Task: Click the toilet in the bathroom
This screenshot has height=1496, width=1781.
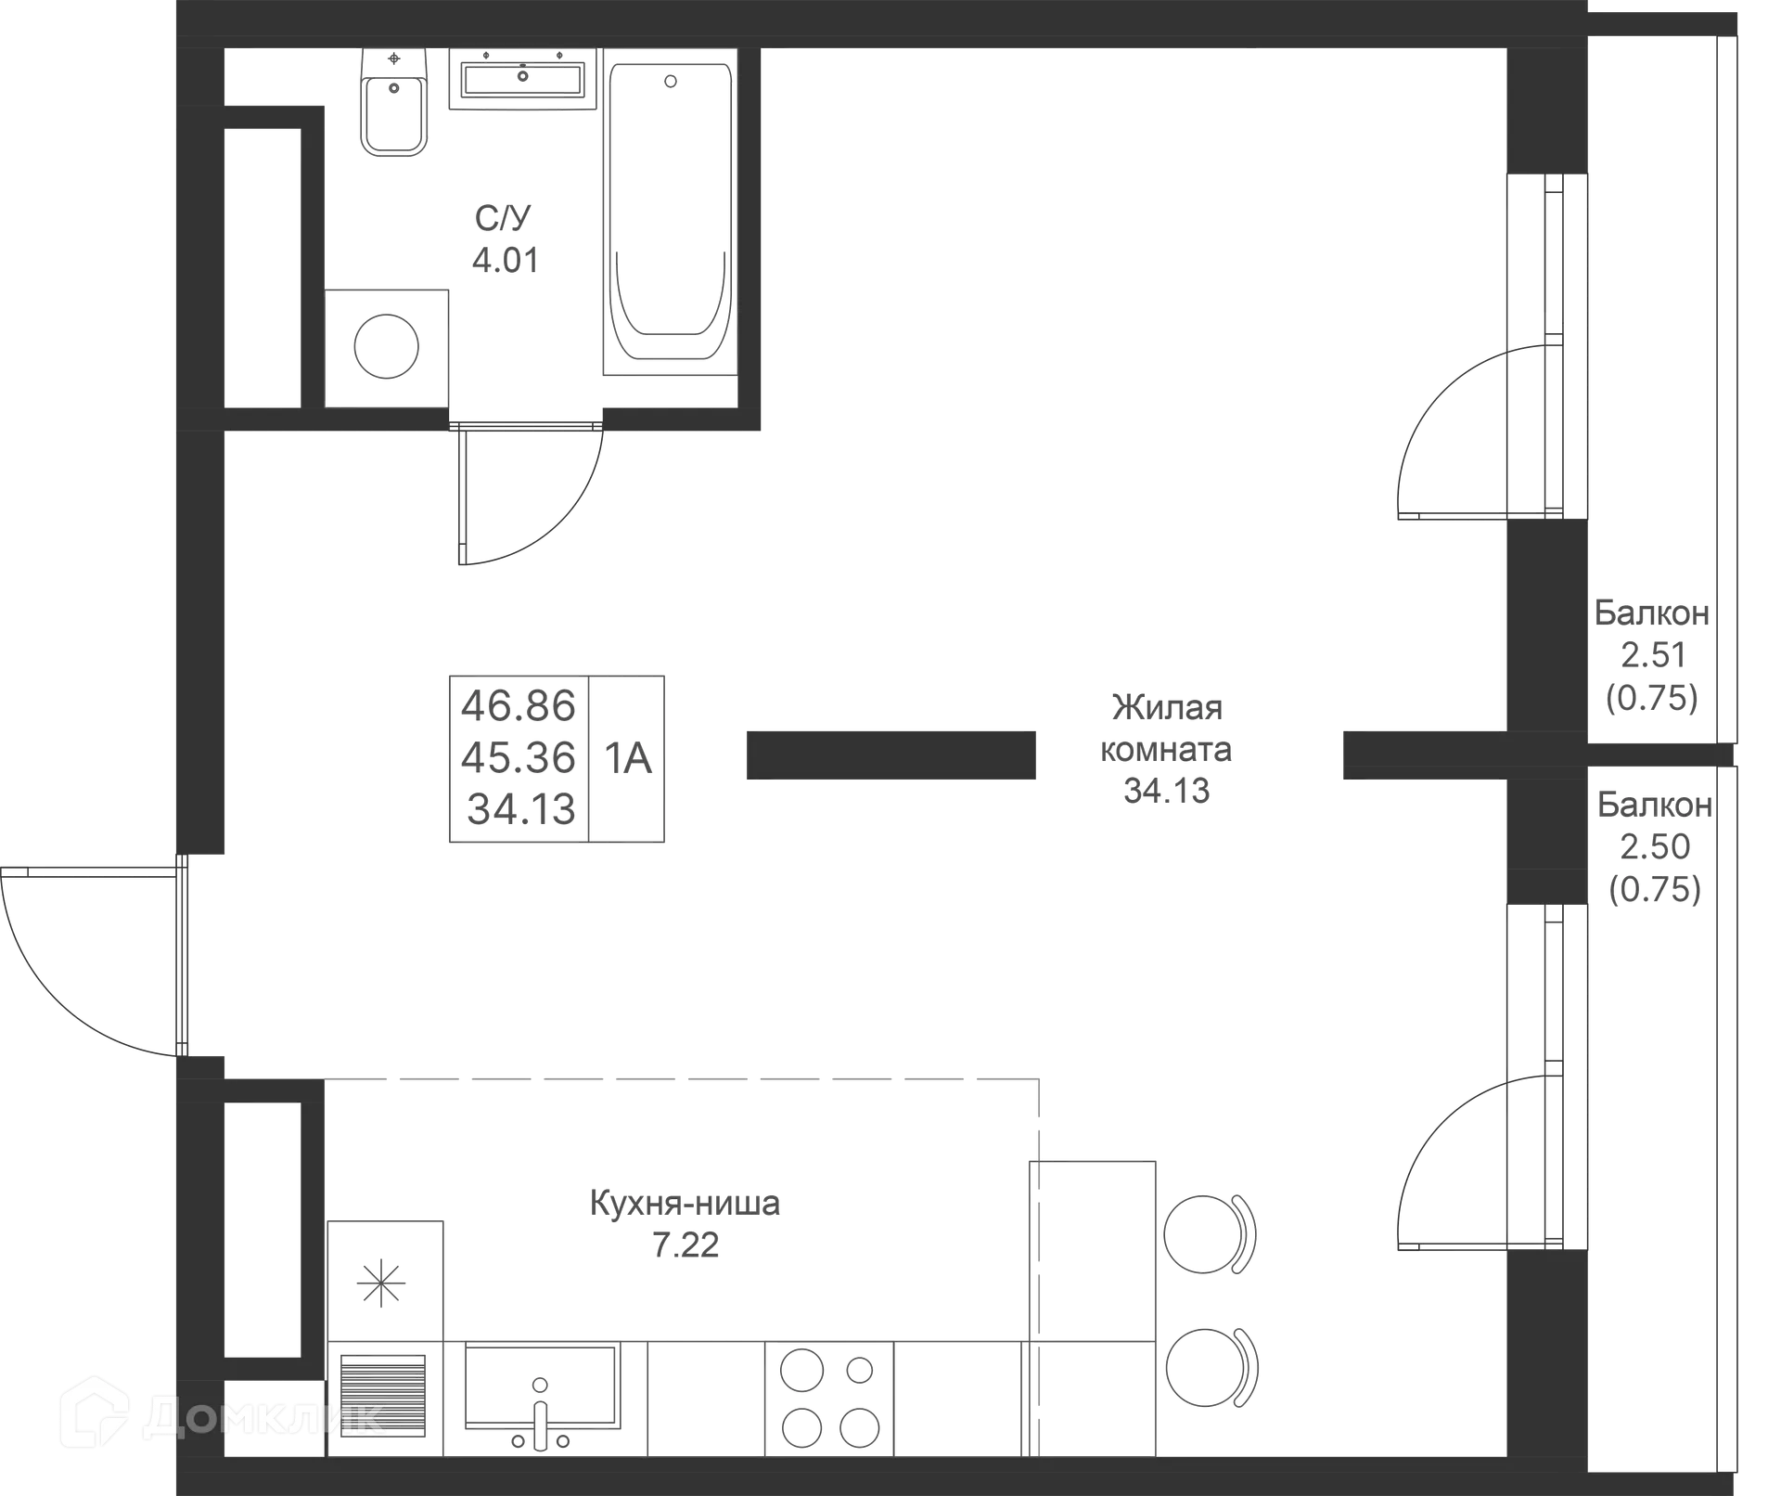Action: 394,102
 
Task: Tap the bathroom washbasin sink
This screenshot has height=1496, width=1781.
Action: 522,79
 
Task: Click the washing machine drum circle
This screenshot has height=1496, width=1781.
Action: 387,346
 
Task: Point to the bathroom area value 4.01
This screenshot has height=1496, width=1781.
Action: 506,261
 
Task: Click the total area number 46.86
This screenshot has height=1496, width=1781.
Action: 519,706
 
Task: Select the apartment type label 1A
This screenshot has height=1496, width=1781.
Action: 628,758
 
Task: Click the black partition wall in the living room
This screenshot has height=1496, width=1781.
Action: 891,755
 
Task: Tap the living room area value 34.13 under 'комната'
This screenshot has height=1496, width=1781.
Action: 1167,791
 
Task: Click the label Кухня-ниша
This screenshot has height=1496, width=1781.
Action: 685,1204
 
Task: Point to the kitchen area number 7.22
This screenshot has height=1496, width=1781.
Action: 685,1245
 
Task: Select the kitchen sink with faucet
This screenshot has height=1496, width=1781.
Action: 542,1399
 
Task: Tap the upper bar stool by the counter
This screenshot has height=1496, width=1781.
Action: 1209,1234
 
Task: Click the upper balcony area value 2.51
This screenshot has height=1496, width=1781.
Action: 1653,655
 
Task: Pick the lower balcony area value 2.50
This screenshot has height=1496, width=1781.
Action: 1655,846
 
